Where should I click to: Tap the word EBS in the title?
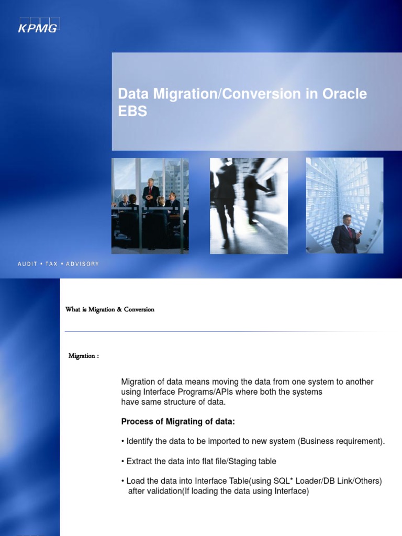click(132, 111)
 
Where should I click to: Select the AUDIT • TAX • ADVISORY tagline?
click(58, 264)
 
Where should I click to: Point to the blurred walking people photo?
click(249, 205)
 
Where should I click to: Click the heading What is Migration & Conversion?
click(110, 309)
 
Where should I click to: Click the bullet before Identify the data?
click(123, 441)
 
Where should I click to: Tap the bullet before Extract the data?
click(123, 461)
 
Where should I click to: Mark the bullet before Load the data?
click(123, 481)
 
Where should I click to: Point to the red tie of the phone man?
click(349, 232)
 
